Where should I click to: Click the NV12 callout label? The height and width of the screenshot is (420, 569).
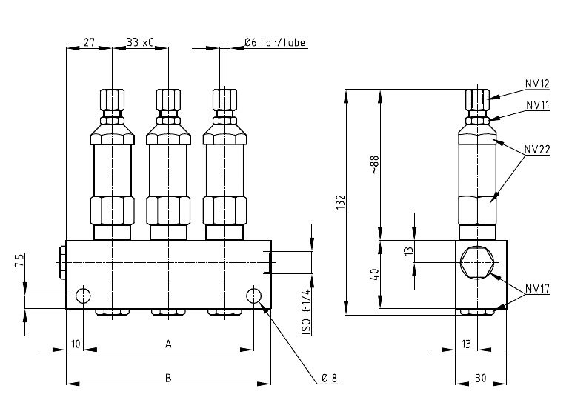pyautogui.click(x=537, y=84)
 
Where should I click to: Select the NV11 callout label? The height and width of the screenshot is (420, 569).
pyautogui.click(x=538, y=105)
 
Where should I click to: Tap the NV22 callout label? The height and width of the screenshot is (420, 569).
pyautogui.click(x=537, y=150)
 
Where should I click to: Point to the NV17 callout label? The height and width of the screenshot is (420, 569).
pyautogui.click(x=537, y=289)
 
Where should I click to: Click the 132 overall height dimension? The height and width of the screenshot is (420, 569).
pyautogui.click(x=340, y=202)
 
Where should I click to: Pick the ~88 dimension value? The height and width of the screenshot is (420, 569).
pyautogui.click(x=374, y=164)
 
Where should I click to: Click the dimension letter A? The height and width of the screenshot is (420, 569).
pyautogui.click(x=168, y=344)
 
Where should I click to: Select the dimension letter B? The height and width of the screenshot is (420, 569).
pyautogui.click(x=168, y=378)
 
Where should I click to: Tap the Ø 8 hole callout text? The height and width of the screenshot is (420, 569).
pyautogui.click(x=329, y=379)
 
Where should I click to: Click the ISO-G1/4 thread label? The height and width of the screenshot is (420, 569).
pyautogui.click(x=307, y=312)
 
